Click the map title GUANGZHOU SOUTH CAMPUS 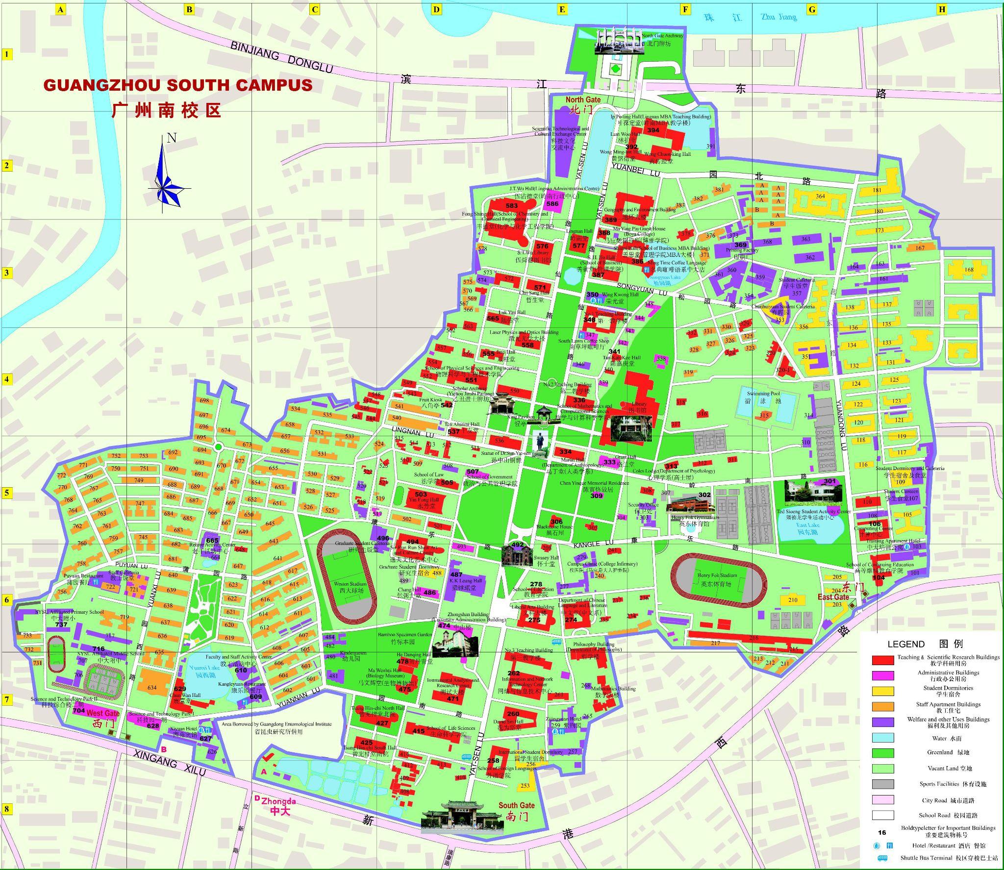coord(178,85)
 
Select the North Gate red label coord(583,99)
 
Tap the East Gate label coord(833,597)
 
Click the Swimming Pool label coord(763,394)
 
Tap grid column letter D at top coord(436,9)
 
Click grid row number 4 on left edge coord(7,379)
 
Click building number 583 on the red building coord(511,206)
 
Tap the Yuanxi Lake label coord(204,668)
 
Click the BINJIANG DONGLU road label coord(281,55)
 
